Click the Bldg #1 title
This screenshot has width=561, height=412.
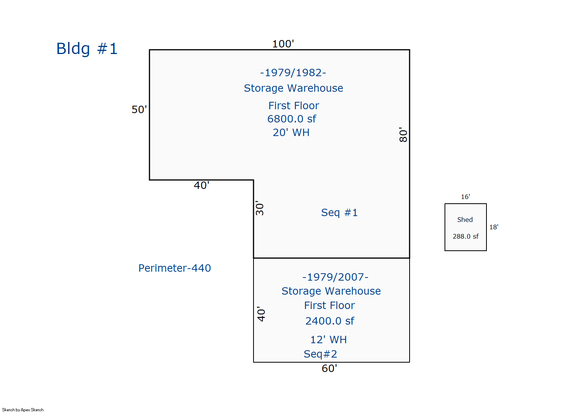pyautogui.click(x=87, y=49)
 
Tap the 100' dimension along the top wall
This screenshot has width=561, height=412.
pyautogui.click(x=283, y=44)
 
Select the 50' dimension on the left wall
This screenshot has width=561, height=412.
pyautogui.click(x=139, y=110)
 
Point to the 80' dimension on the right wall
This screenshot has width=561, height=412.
pyautogui.click(x=403, y=135)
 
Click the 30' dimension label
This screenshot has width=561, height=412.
pyautogui.click(x=260, y=208)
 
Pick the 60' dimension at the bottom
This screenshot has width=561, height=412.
pyautogui.click(x=329, y=368)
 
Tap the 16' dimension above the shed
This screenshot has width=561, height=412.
pyautogui.click(x=465, y=197)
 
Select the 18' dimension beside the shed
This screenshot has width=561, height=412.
pyautogui.click(x=494, y=227)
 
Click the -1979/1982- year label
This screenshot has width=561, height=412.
pyautogui.click(x=293, y=73)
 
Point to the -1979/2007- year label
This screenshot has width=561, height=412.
pyautogui.click(x=335, y=277)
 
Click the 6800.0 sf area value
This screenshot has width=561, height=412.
pyautogui.click(x=292, y=119)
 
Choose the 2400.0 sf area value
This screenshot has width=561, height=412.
pyautogui.click(x=330, y=321)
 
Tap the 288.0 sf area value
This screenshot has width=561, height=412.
pyautogui.click(x=465, y=236)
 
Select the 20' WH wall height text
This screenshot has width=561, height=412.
pyautogui.click(x=291, y=133)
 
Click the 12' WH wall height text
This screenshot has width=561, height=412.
pyautogui.click(x=328, y=340)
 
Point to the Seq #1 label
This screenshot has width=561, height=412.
pyautogui.click(x=339, y=213)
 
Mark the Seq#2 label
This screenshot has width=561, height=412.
pyautogui.click(x=320, y=354)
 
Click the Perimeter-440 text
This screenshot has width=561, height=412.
pyautogui.click(x=175, y=268)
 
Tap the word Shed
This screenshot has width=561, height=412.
pyautogui.click(x=465, y=220)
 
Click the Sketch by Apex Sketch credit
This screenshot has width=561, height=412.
pyautogui.click(x=23, y=410)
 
